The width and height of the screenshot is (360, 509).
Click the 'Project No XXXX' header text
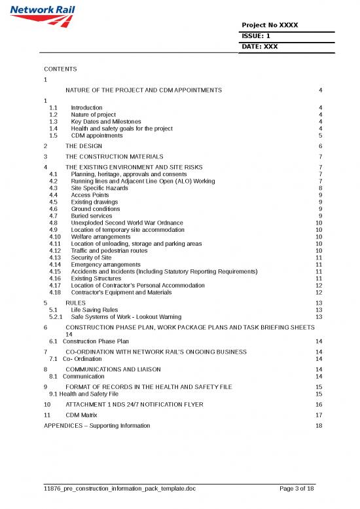coord(270,25)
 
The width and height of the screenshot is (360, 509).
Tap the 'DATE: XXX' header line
coord(260,47)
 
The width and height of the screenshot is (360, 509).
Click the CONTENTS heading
coord(60,69)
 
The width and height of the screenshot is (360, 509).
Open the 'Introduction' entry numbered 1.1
coord(86,107)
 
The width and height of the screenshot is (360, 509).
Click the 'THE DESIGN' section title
coord(85,146)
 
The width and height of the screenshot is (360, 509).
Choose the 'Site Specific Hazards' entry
coord(100,188)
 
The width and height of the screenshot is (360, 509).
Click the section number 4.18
coord(55,293)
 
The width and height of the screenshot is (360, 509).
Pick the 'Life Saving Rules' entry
coord(94,310)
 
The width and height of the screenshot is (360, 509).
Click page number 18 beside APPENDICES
coord(319,426)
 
